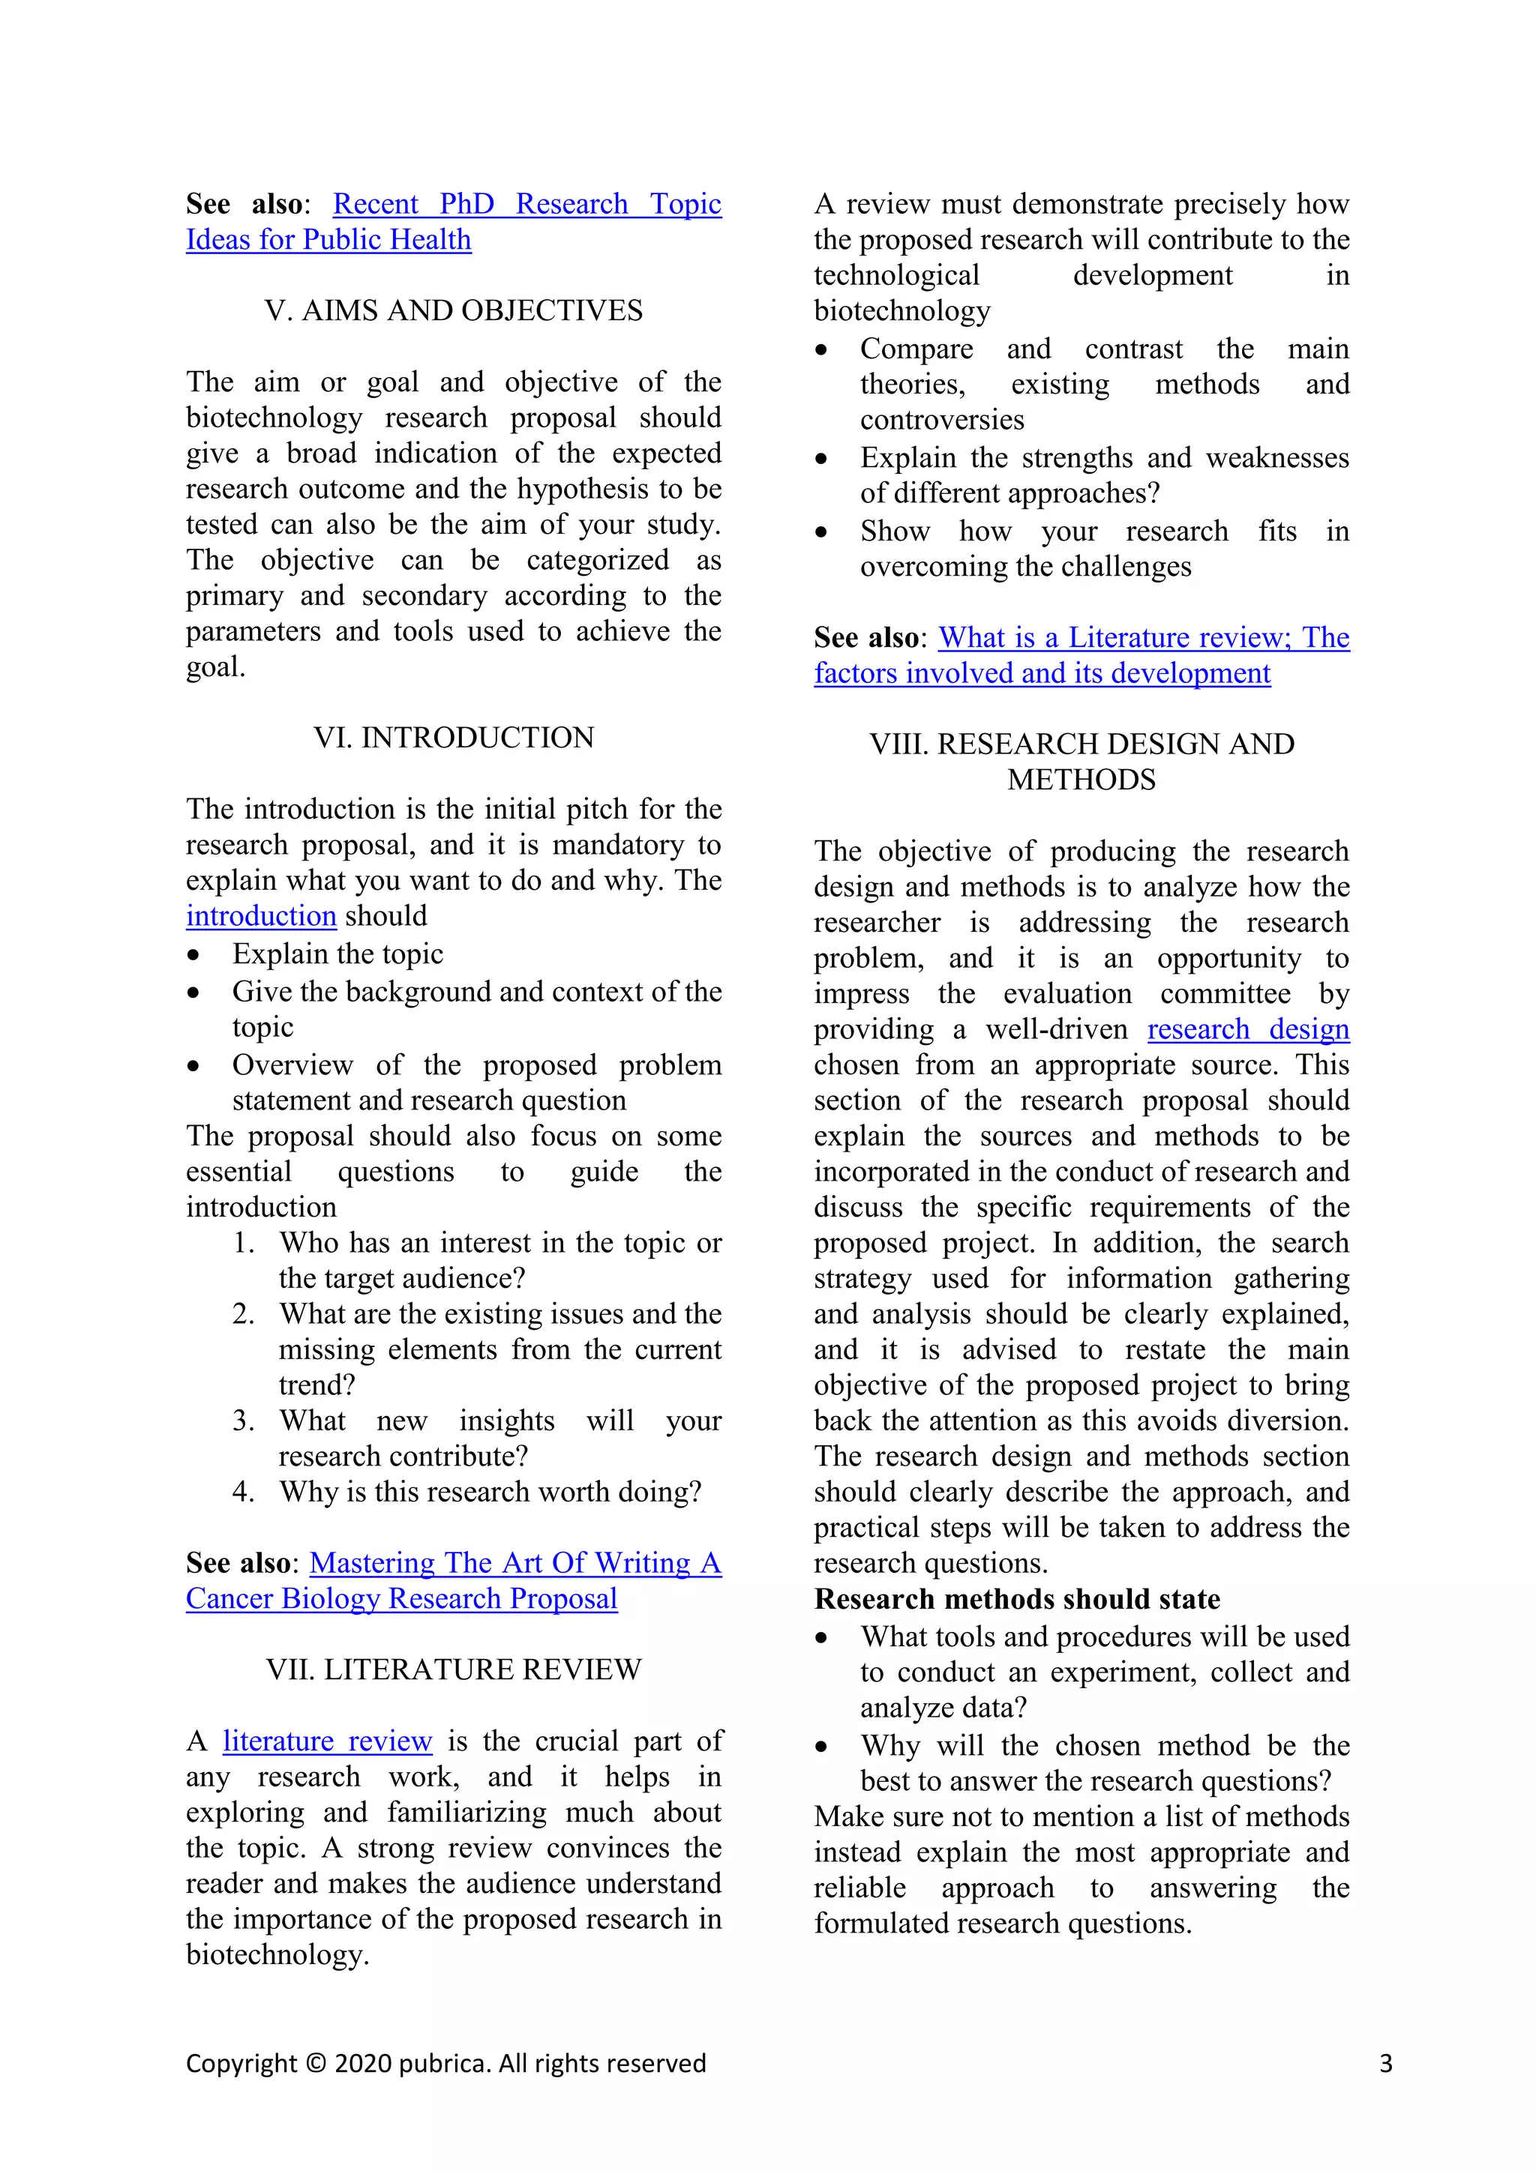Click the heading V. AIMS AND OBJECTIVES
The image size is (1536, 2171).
453,311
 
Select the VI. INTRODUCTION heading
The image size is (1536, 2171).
453,738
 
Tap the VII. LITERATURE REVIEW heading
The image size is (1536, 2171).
453,1669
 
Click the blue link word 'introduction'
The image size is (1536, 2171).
261,916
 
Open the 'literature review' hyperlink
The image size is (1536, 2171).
327,1741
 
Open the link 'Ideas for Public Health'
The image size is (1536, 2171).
328,240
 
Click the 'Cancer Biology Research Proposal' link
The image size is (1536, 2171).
401,1599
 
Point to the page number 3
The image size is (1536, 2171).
1385,2063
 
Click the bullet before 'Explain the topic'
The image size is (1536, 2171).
194,955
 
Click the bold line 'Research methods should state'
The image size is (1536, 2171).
1017,1599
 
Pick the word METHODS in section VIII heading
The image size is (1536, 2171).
1081,780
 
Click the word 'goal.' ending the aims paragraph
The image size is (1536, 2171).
216,667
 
